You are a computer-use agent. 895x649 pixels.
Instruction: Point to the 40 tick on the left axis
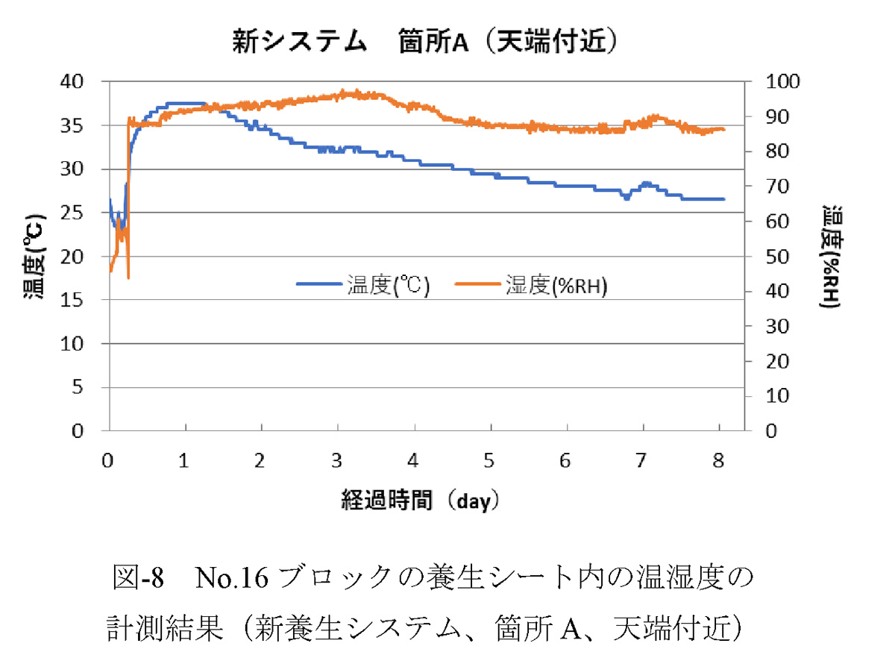(88, 81)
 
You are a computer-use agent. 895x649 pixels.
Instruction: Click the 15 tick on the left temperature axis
(88, 300)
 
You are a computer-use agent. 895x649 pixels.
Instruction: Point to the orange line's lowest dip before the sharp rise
(128, 278)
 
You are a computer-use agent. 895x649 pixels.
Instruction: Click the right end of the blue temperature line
(723, 199)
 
